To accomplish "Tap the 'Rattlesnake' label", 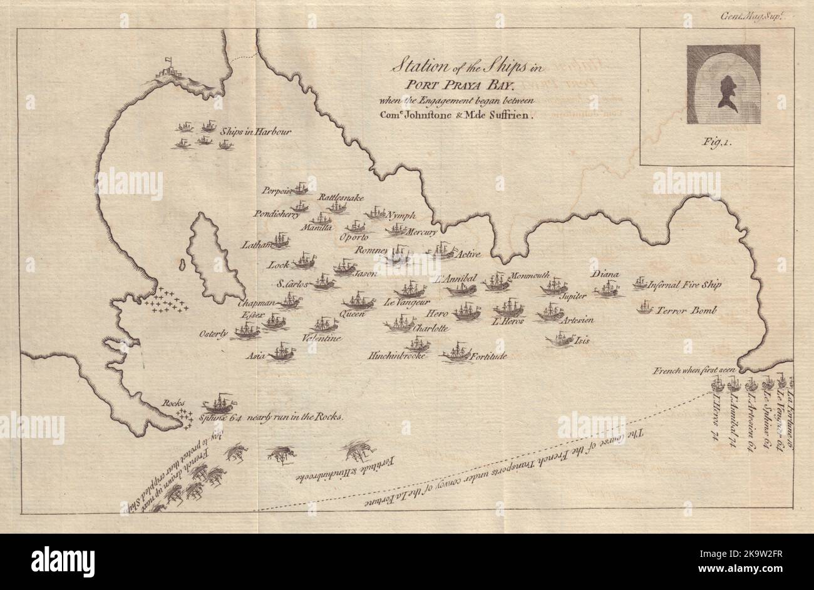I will tap(341, 197).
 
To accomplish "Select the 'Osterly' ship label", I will tap(214, 333).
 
